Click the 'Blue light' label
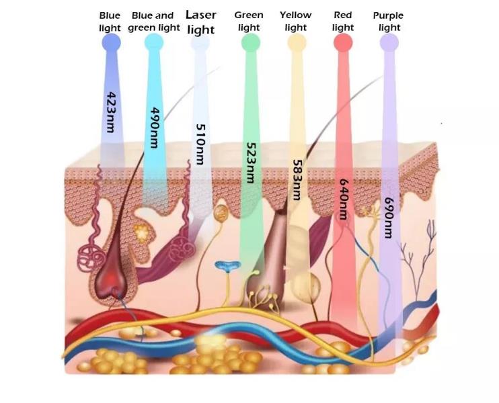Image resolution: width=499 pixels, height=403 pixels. (110, 21)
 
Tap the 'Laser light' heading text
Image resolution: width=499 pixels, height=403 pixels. (200, 22)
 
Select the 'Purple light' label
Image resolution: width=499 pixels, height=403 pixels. (388, 21)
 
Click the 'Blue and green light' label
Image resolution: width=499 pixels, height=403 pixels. (153, 21)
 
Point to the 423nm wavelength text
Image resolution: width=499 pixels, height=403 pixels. (111, 111)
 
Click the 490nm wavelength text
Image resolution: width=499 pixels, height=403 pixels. (155, 128)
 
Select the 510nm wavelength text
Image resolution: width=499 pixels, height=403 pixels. (200, 143)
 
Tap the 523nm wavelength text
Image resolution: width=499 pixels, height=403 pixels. (250, 163)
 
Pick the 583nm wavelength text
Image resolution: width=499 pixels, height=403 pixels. (295, 179)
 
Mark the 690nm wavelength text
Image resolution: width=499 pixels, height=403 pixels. (387, 217)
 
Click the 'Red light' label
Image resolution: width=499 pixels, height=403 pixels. (343, 21)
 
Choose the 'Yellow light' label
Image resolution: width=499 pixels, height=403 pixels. (296, 21)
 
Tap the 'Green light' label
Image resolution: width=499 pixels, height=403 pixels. (249, 21)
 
